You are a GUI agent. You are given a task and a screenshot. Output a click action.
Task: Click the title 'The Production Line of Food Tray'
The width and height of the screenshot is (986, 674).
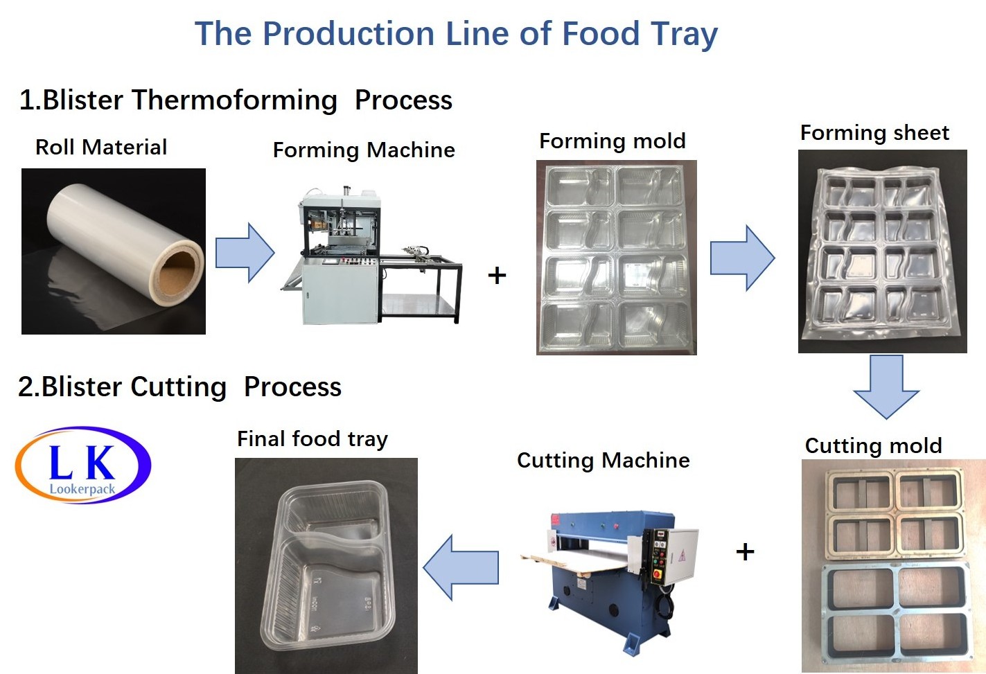(x=456, y=34)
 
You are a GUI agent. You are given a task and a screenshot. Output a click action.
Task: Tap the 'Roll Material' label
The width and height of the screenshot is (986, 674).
(x=101, y=147)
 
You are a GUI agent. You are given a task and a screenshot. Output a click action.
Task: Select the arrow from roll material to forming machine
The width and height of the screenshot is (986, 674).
(x=245, y=252)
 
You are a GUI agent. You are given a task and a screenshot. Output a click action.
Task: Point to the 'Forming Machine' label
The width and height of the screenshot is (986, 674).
(x=364, y=150)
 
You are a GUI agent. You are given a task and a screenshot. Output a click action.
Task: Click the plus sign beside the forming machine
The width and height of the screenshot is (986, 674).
(x=497, y=276)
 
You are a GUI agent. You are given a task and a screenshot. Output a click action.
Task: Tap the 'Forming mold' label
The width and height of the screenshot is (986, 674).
(x=613, y=141)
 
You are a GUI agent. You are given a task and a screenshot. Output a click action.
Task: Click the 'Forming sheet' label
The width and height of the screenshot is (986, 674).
(x=874, y=133)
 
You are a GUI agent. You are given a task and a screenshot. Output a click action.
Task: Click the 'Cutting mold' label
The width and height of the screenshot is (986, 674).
(x=873, y=445)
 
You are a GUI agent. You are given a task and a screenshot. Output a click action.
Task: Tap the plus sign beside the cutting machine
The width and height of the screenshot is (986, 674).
(x=745, y=551)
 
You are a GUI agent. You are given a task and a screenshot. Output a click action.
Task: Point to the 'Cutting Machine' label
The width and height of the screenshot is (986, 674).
(x=604, y=461)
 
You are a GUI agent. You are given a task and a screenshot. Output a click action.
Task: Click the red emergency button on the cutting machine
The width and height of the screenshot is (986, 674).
(x=657, y=574)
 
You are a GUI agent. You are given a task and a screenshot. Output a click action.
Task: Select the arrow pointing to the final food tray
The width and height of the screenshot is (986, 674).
(x=461, y=567)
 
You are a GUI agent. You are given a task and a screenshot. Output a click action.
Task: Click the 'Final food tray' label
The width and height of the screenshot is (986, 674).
(x=312, y=439)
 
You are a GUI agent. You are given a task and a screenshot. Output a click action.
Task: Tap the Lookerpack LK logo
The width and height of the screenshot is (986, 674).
(x=82, y=465)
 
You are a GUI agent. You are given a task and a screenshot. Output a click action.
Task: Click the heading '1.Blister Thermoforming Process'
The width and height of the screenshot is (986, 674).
(x=236, y=100)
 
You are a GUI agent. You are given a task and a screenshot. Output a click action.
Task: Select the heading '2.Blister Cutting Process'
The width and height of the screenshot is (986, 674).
(x=180, y=387)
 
